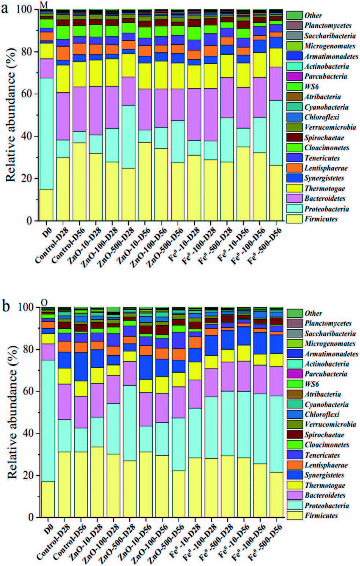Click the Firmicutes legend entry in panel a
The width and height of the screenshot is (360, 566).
coord(320,219)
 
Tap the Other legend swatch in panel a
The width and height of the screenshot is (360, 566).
coord(294,15)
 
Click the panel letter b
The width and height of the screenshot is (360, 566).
coord(5,306)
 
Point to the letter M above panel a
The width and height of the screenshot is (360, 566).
coord(43,4)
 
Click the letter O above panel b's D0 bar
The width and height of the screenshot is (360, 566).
coord(44,302)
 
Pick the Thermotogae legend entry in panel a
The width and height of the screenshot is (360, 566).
coord(324,189)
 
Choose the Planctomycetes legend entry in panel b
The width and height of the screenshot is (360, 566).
coord(327,323)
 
